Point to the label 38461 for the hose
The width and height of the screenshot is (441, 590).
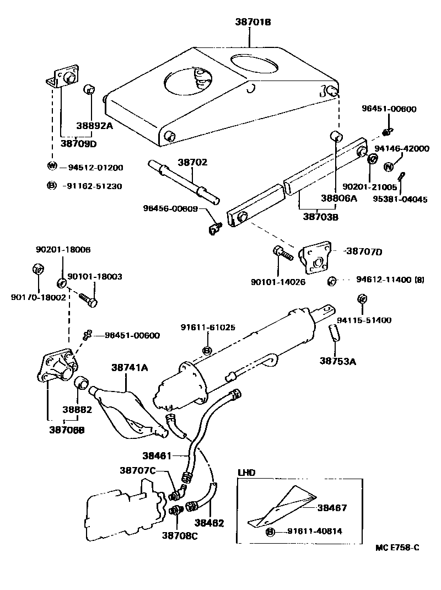[x=158, y=456]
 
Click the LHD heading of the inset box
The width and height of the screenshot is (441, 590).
[x=247, y=473]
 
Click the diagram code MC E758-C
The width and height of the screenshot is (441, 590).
[x=397, y=548]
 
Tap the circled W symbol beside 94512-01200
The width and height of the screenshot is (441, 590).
[x=52, y=167]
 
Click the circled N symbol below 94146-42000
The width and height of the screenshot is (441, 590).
[x=388, y=167]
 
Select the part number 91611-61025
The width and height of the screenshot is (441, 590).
[x=207, y=327]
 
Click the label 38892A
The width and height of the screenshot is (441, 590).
[x=95, y=126]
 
